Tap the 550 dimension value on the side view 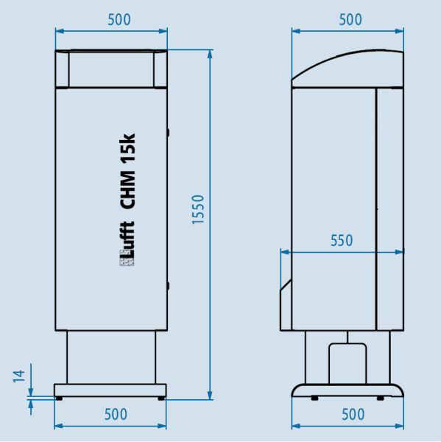341,240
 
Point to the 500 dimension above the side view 350,20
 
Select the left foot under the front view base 60,399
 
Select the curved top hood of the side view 347,66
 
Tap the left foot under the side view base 314,399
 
